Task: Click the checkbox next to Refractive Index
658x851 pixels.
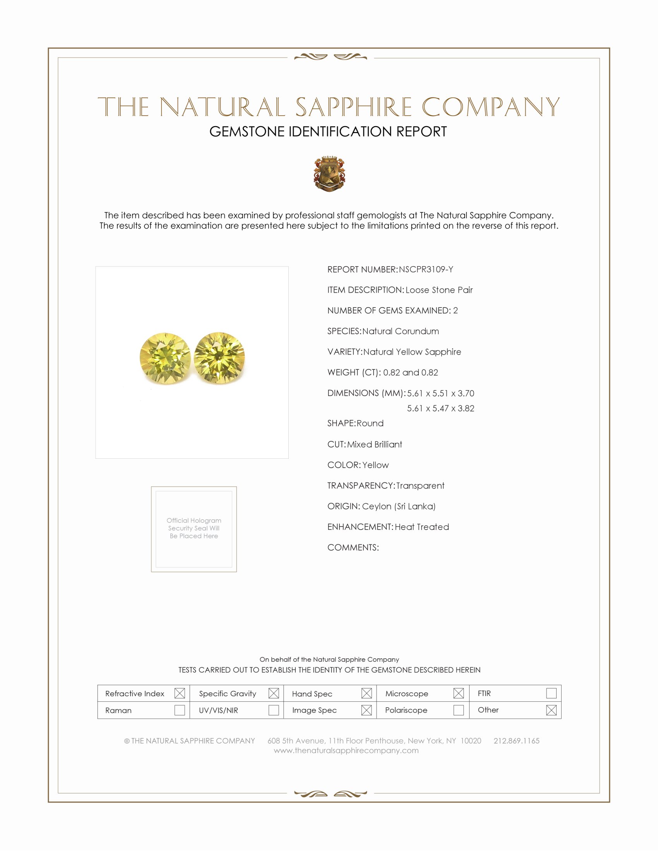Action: (179, 693)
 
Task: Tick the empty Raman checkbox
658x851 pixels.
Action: (179, 710)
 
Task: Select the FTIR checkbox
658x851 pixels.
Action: (551, 693)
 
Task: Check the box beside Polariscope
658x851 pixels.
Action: (458, 710)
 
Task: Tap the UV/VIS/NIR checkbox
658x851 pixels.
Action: (274, 710)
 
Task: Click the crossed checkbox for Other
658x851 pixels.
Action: (551, 710)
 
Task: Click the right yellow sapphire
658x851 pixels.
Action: (219, 357)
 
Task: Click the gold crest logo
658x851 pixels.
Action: (329, 174)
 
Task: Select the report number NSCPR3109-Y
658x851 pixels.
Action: (426, 270)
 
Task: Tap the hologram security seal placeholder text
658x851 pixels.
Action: (194, 528)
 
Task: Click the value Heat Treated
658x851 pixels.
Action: (422, 527)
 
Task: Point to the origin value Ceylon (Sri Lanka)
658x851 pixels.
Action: (399, 506)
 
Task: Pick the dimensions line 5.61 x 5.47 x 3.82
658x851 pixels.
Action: (440, 408)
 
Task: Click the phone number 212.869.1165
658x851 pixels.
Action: (516, 741)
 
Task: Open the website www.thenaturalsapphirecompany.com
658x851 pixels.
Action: (346, 750)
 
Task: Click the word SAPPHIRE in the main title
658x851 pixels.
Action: (353, 107)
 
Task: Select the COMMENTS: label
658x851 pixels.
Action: (353, 547)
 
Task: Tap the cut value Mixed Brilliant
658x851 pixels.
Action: (375, 444)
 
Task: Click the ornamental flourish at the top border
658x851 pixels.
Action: (331, 57)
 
